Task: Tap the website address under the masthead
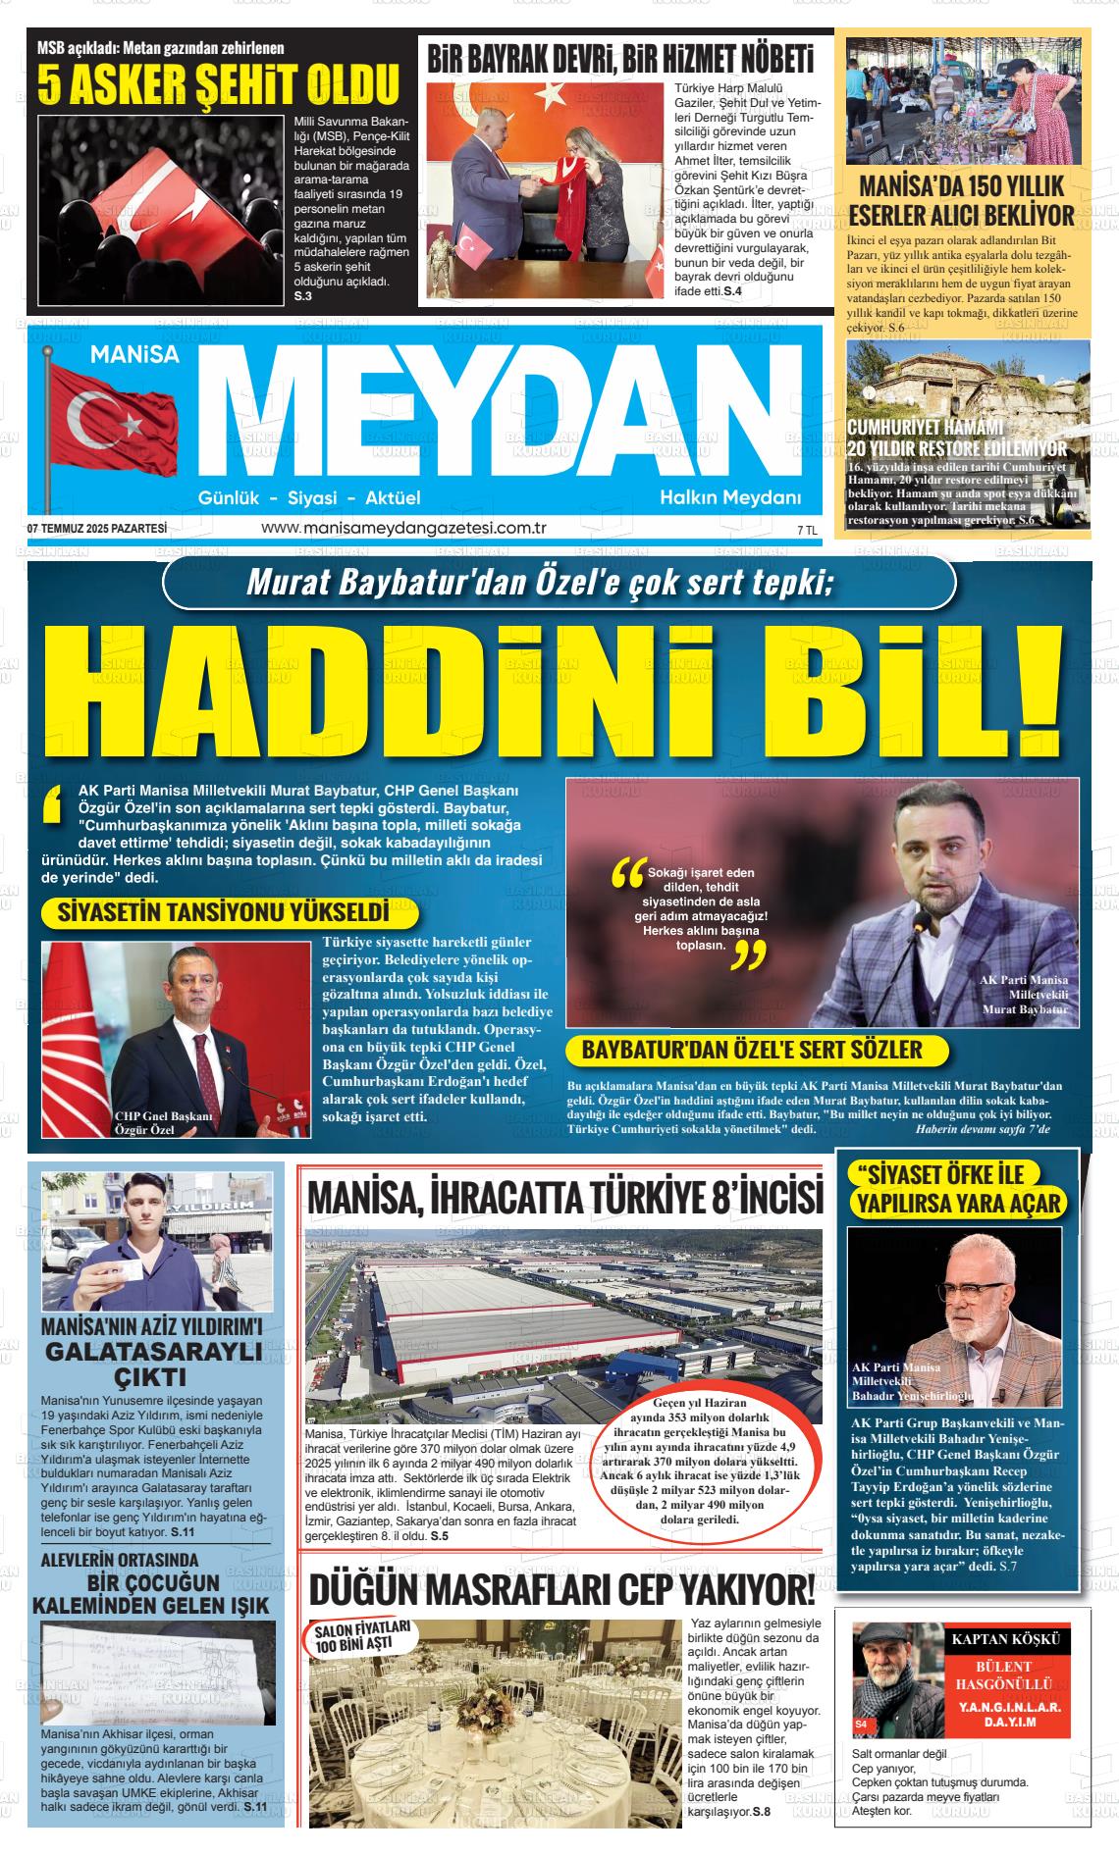[x=402, y=529]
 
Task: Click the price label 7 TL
[x=807, y=530]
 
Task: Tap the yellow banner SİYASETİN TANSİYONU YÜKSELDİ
[x=223, y=912]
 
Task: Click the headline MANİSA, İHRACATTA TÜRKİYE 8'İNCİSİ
[x=564, y=1198]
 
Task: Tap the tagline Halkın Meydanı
[x=730, y=497]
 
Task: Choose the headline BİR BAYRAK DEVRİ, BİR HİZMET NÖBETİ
[x=620, y=60]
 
